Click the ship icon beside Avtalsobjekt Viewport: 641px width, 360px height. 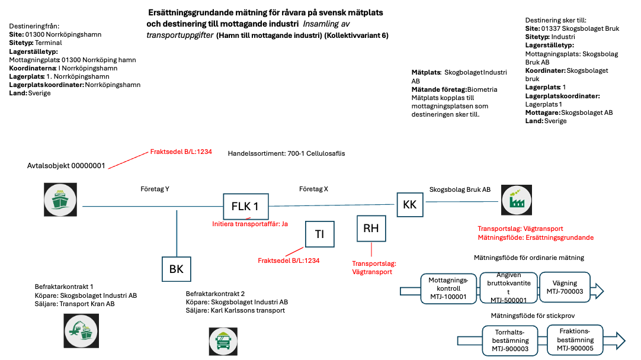tap(60, 200)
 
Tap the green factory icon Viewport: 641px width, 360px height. tap(517, 200)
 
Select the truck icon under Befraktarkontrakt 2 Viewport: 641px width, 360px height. tap(223, 341)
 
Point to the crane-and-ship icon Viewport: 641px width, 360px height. tap(81, 330)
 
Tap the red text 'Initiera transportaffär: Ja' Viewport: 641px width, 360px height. tap(250, 224)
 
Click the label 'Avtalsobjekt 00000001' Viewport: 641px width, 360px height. tap(66, 166)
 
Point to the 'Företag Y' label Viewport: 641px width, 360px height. tap(155, 189)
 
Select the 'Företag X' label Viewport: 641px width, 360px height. tap(313, 189)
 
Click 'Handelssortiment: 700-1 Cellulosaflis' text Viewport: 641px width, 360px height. tap(286, 153)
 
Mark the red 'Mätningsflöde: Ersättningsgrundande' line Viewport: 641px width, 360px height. tap(536, 237)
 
